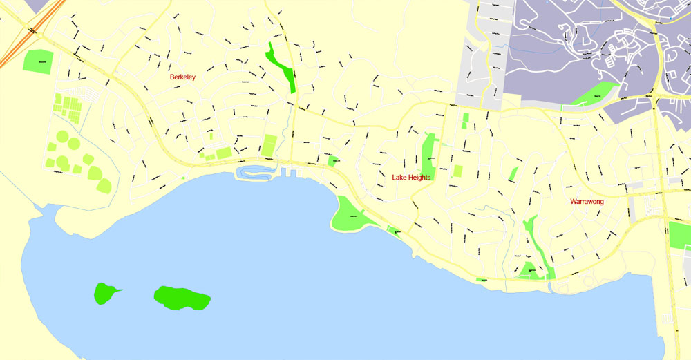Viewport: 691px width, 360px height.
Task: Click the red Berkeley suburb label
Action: click(x=182, y=77)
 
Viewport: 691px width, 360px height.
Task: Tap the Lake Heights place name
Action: click(x=411, y=178)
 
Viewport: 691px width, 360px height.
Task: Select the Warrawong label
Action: click(x=587, y=202)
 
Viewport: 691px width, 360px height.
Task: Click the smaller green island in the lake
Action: click(x=105, y=292)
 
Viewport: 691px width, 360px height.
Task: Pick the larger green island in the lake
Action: click(x=181, y=298)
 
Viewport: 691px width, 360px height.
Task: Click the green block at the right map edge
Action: click(x=680, y=235)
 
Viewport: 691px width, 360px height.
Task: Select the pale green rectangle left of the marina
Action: click(x=269, y=145)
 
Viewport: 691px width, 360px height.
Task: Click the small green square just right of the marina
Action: click(x=333, y=161)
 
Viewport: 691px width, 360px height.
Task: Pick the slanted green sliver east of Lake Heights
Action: click(x=513, y=173)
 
